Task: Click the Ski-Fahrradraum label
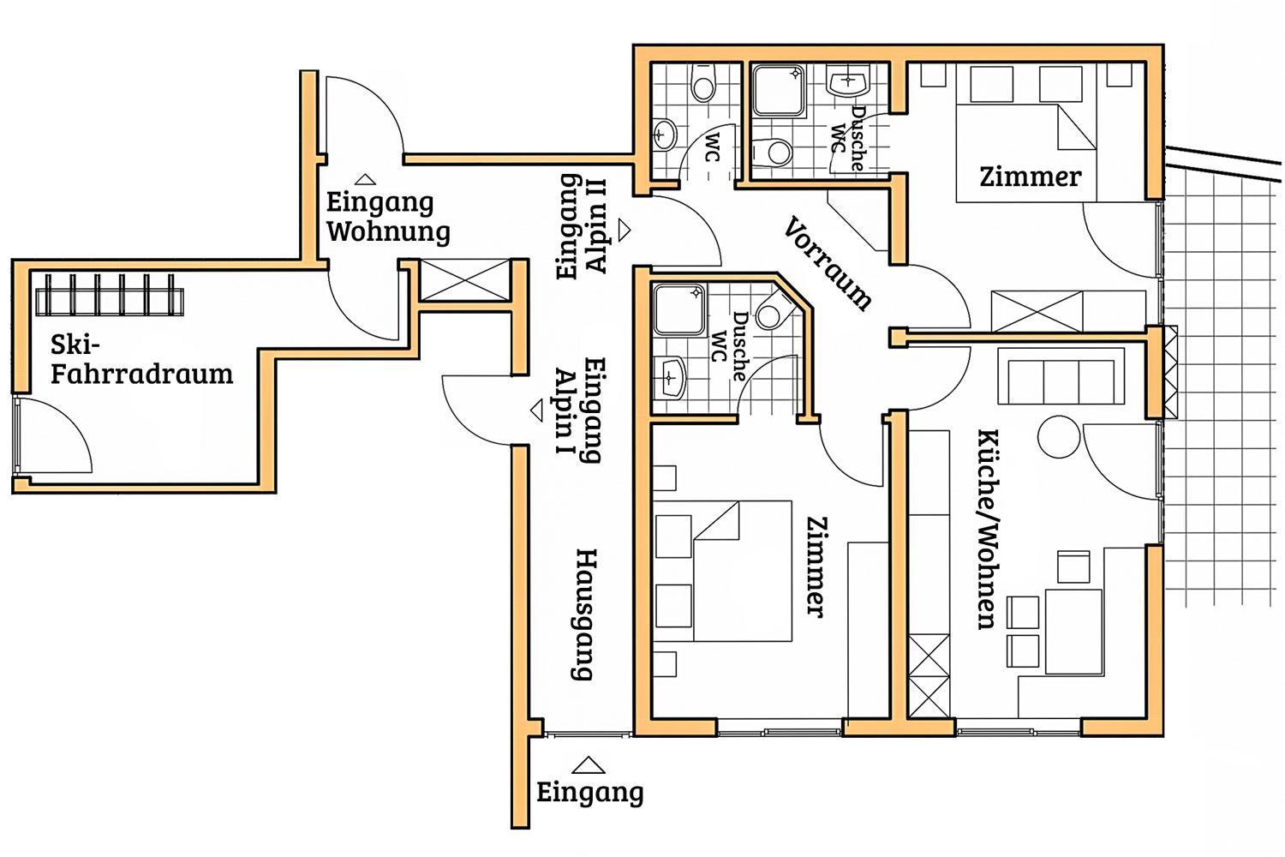(141, 359)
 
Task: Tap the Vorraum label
(828, 263)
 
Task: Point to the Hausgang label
(584, 614)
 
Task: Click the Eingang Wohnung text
(388, 218)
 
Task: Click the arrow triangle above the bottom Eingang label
(588, 765)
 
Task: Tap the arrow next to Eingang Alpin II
(625, 230)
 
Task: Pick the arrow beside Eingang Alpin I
(537, 411)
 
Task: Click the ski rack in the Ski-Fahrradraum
(110, 295)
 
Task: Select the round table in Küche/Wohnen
(1059, 436)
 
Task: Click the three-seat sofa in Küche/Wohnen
(1061, 376)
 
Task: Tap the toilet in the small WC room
(704, 83)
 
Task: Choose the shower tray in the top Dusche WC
(780, 91)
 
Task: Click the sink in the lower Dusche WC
(669, 377)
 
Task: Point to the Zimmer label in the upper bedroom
(1031, 177)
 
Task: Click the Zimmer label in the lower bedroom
(816, 567)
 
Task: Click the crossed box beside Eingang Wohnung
(465, 279)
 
